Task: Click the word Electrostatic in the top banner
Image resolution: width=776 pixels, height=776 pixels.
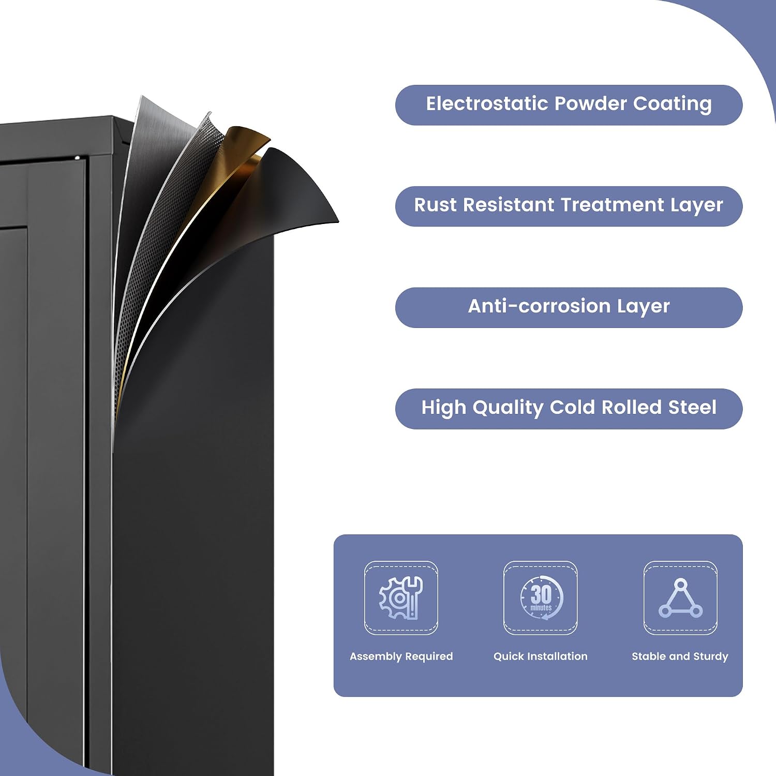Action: point(487,103)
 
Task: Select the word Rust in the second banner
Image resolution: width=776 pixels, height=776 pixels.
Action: point(435,205)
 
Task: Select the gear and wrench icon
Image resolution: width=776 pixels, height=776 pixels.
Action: point(401,598)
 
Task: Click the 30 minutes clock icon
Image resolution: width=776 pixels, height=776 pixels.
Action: point(541,598)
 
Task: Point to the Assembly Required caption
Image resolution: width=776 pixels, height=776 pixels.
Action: point(401,656)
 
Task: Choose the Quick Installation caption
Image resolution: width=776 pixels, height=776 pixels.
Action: point(541,656)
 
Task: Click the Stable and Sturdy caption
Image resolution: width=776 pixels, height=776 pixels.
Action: point(680,656)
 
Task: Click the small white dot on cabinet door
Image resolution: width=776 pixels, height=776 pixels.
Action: point(78,158)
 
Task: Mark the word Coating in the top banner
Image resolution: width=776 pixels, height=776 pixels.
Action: point(673,104)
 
